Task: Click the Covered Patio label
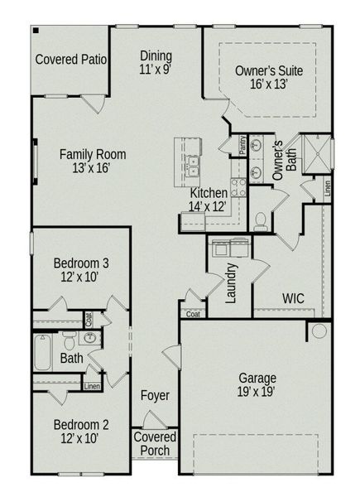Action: pos(71,60)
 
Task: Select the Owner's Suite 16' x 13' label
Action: pos(269,77)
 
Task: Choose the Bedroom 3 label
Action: pos(81,269)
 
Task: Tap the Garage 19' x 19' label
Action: pos(257,385)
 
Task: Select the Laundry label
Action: pos(233,283)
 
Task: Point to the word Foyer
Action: pos(155,396)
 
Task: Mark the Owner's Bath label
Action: pos(284,159)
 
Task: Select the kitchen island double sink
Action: pos(192,166)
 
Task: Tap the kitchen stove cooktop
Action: pos(238,187)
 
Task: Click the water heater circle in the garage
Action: pos(317,331)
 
